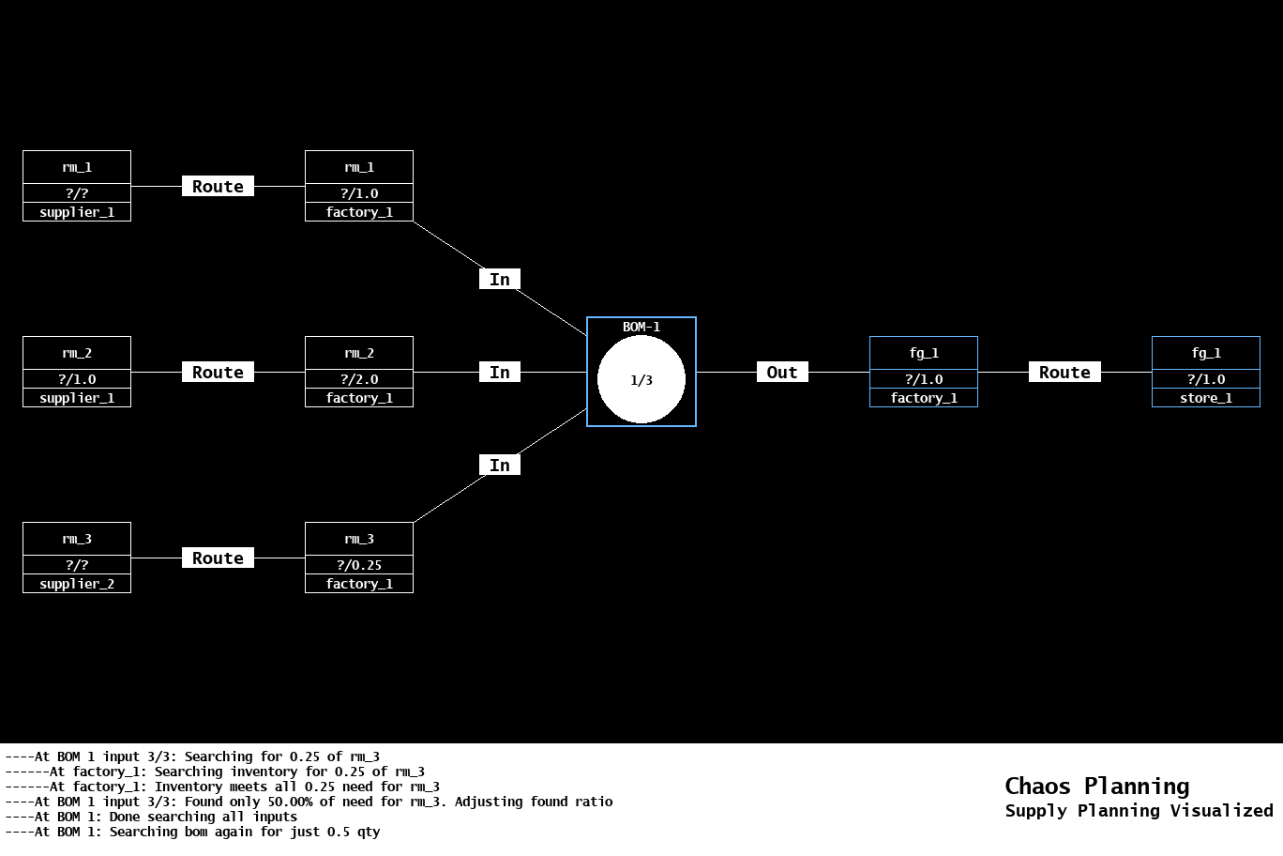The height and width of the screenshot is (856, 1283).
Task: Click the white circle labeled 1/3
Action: pos(641,380)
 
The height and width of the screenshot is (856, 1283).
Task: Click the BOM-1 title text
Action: pos(641,327)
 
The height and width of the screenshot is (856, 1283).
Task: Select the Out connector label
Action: pos(782,373)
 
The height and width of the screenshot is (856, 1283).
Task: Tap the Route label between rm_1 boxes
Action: pos(218,187)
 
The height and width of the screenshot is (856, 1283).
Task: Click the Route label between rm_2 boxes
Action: pos(218,373)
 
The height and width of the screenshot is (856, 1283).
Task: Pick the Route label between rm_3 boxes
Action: pos(218,558)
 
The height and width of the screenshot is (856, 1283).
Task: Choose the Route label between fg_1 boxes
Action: pos(1064,373)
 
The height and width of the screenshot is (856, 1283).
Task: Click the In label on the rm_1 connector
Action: pos(500,280)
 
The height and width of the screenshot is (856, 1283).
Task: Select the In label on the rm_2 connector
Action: pos(500,373)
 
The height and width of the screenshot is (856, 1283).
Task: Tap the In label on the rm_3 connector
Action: pos(500,466)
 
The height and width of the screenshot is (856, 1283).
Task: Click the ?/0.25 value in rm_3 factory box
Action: pos(359,565)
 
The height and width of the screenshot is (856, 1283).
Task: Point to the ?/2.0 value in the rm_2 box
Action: pos(359,379)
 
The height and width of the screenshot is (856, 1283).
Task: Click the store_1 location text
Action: pos(1205,398)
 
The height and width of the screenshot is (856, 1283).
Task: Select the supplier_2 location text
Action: pos(77,584)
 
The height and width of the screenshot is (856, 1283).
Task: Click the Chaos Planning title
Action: pos(1096,786)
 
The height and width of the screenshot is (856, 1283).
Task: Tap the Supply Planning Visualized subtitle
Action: pos(1139,811)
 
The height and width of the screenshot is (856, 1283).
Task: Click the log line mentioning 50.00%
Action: pos(309,802)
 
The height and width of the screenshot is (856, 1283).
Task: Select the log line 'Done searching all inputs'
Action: pos(151,817)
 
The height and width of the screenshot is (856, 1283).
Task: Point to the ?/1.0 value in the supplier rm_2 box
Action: pos(77,379)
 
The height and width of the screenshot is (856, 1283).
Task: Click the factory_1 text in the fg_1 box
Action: pos(924,398)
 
